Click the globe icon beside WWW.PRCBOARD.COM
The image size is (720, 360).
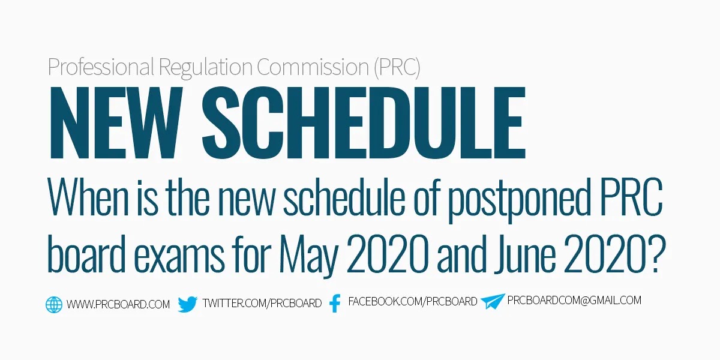pos(53,304)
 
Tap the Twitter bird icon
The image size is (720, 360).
pos(188,304)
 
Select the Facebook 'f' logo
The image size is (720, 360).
pos(335,303)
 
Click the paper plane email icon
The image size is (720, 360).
pos(493,301)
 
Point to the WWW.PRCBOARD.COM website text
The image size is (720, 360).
pos(118,304)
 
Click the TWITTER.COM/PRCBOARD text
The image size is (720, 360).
pos(262,303)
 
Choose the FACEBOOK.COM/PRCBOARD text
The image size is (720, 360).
pos(413,301)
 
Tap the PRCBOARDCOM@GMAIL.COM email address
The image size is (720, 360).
pos(574,300)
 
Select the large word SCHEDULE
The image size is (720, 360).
pos(364,122)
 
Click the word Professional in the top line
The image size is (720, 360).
pos(101,67)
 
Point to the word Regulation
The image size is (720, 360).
pos(206,67)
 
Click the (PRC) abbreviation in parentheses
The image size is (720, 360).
pos(397,67)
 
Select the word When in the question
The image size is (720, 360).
pos(88,196)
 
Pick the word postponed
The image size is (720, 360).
pos(520,199)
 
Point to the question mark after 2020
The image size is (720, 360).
pos(657,254)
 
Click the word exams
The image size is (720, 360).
pos(179,257)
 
